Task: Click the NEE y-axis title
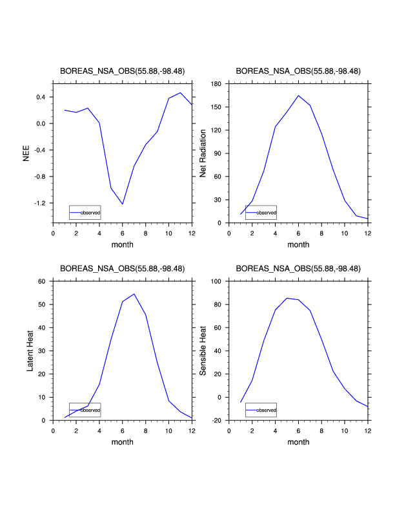(27, 153)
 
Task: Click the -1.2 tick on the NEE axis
(40, 203)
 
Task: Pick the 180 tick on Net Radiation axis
(216, 84)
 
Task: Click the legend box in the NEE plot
(85, 212)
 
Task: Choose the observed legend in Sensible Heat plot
(261, 410)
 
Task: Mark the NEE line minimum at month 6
(123, 204)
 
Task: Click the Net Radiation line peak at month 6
(298, 96)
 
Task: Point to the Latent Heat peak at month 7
(134, 294)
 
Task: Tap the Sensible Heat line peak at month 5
(287, 298)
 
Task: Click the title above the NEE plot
(123, 71)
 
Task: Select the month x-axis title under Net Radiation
(298, 244)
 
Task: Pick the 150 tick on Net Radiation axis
(216, 107)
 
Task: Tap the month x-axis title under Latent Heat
(123, 442)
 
